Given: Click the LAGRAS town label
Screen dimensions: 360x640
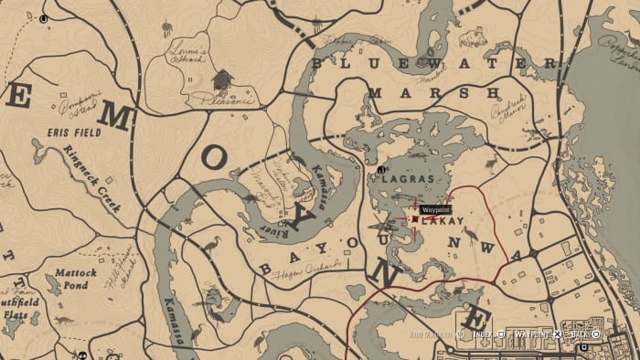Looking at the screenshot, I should pos(408,180).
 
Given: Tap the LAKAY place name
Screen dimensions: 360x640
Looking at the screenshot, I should pos(443,221).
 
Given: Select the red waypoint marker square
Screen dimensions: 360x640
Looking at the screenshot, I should pos(415,220).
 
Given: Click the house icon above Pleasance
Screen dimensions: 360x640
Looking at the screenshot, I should pos(220,80).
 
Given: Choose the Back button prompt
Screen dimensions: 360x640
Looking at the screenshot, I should pos(579,334).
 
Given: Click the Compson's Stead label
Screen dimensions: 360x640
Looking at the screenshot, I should pos(78,109).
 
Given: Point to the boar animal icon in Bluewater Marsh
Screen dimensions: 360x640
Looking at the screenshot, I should pos(473,38).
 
